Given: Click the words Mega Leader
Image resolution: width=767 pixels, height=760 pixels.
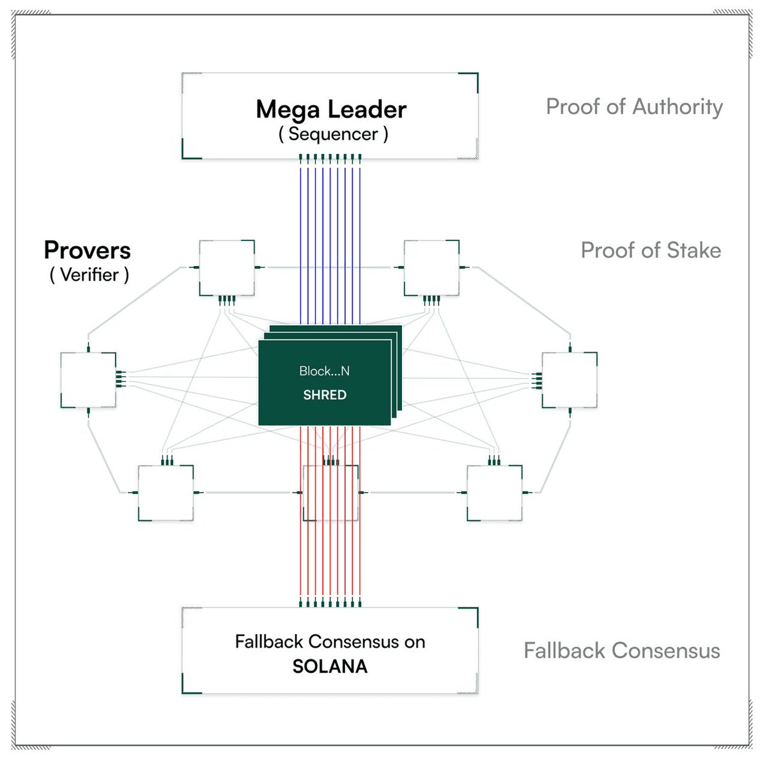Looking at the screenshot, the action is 330,109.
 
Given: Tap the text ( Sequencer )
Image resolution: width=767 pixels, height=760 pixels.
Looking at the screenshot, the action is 333,134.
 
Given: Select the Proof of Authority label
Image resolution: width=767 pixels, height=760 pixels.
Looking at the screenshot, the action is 634,107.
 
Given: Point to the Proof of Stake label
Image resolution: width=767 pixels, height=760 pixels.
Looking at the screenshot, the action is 651,251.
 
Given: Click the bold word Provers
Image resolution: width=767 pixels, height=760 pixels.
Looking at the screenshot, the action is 87,251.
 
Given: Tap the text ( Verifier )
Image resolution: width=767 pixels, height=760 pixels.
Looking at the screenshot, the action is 89,275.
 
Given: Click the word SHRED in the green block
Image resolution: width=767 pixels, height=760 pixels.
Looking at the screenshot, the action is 325,395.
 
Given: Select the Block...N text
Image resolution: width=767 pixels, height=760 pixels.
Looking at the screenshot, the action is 325,371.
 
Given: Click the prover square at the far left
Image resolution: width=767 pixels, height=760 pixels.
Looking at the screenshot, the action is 88,380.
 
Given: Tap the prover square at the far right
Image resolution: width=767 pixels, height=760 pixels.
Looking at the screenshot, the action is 569,380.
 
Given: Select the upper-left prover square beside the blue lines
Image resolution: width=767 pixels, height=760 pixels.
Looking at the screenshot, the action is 227,268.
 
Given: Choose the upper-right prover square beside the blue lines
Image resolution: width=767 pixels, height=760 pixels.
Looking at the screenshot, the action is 432,268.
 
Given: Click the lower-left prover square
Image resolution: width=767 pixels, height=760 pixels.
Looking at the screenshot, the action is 166,493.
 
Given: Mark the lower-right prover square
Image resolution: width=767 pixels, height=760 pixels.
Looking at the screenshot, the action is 495,493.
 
